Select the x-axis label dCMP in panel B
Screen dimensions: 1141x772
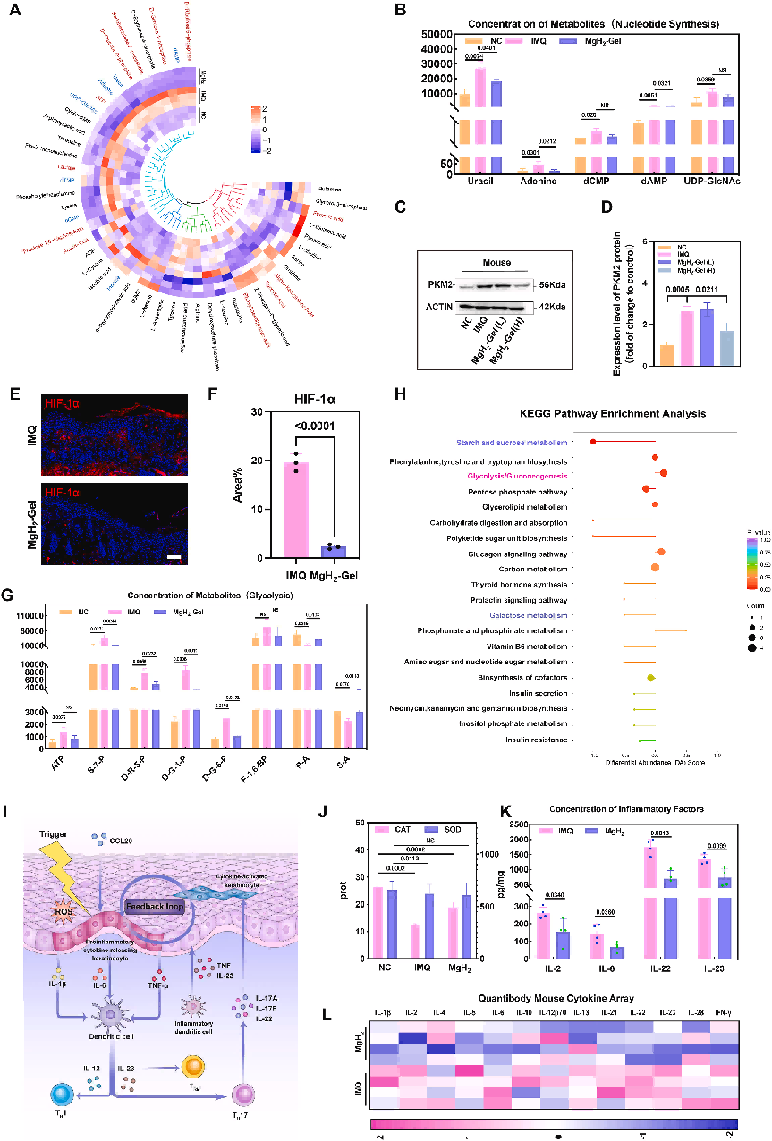(x=590, y=181)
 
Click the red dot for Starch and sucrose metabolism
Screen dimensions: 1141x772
(x=592, y=442)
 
